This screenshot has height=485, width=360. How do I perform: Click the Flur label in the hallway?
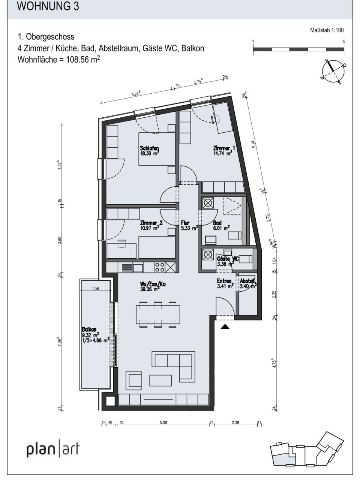186,223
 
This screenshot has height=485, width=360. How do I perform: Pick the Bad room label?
217,223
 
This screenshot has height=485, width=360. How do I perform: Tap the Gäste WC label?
228,259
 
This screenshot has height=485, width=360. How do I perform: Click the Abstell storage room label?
247,281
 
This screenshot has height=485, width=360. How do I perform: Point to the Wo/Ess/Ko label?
152,284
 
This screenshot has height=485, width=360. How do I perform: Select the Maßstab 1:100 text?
327,31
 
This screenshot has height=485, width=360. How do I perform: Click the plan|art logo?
53,449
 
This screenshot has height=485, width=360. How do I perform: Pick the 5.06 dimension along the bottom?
163,423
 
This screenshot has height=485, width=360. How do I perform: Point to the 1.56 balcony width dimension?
95,288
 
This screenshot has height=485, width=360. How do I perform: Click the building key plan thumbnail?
308,450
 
